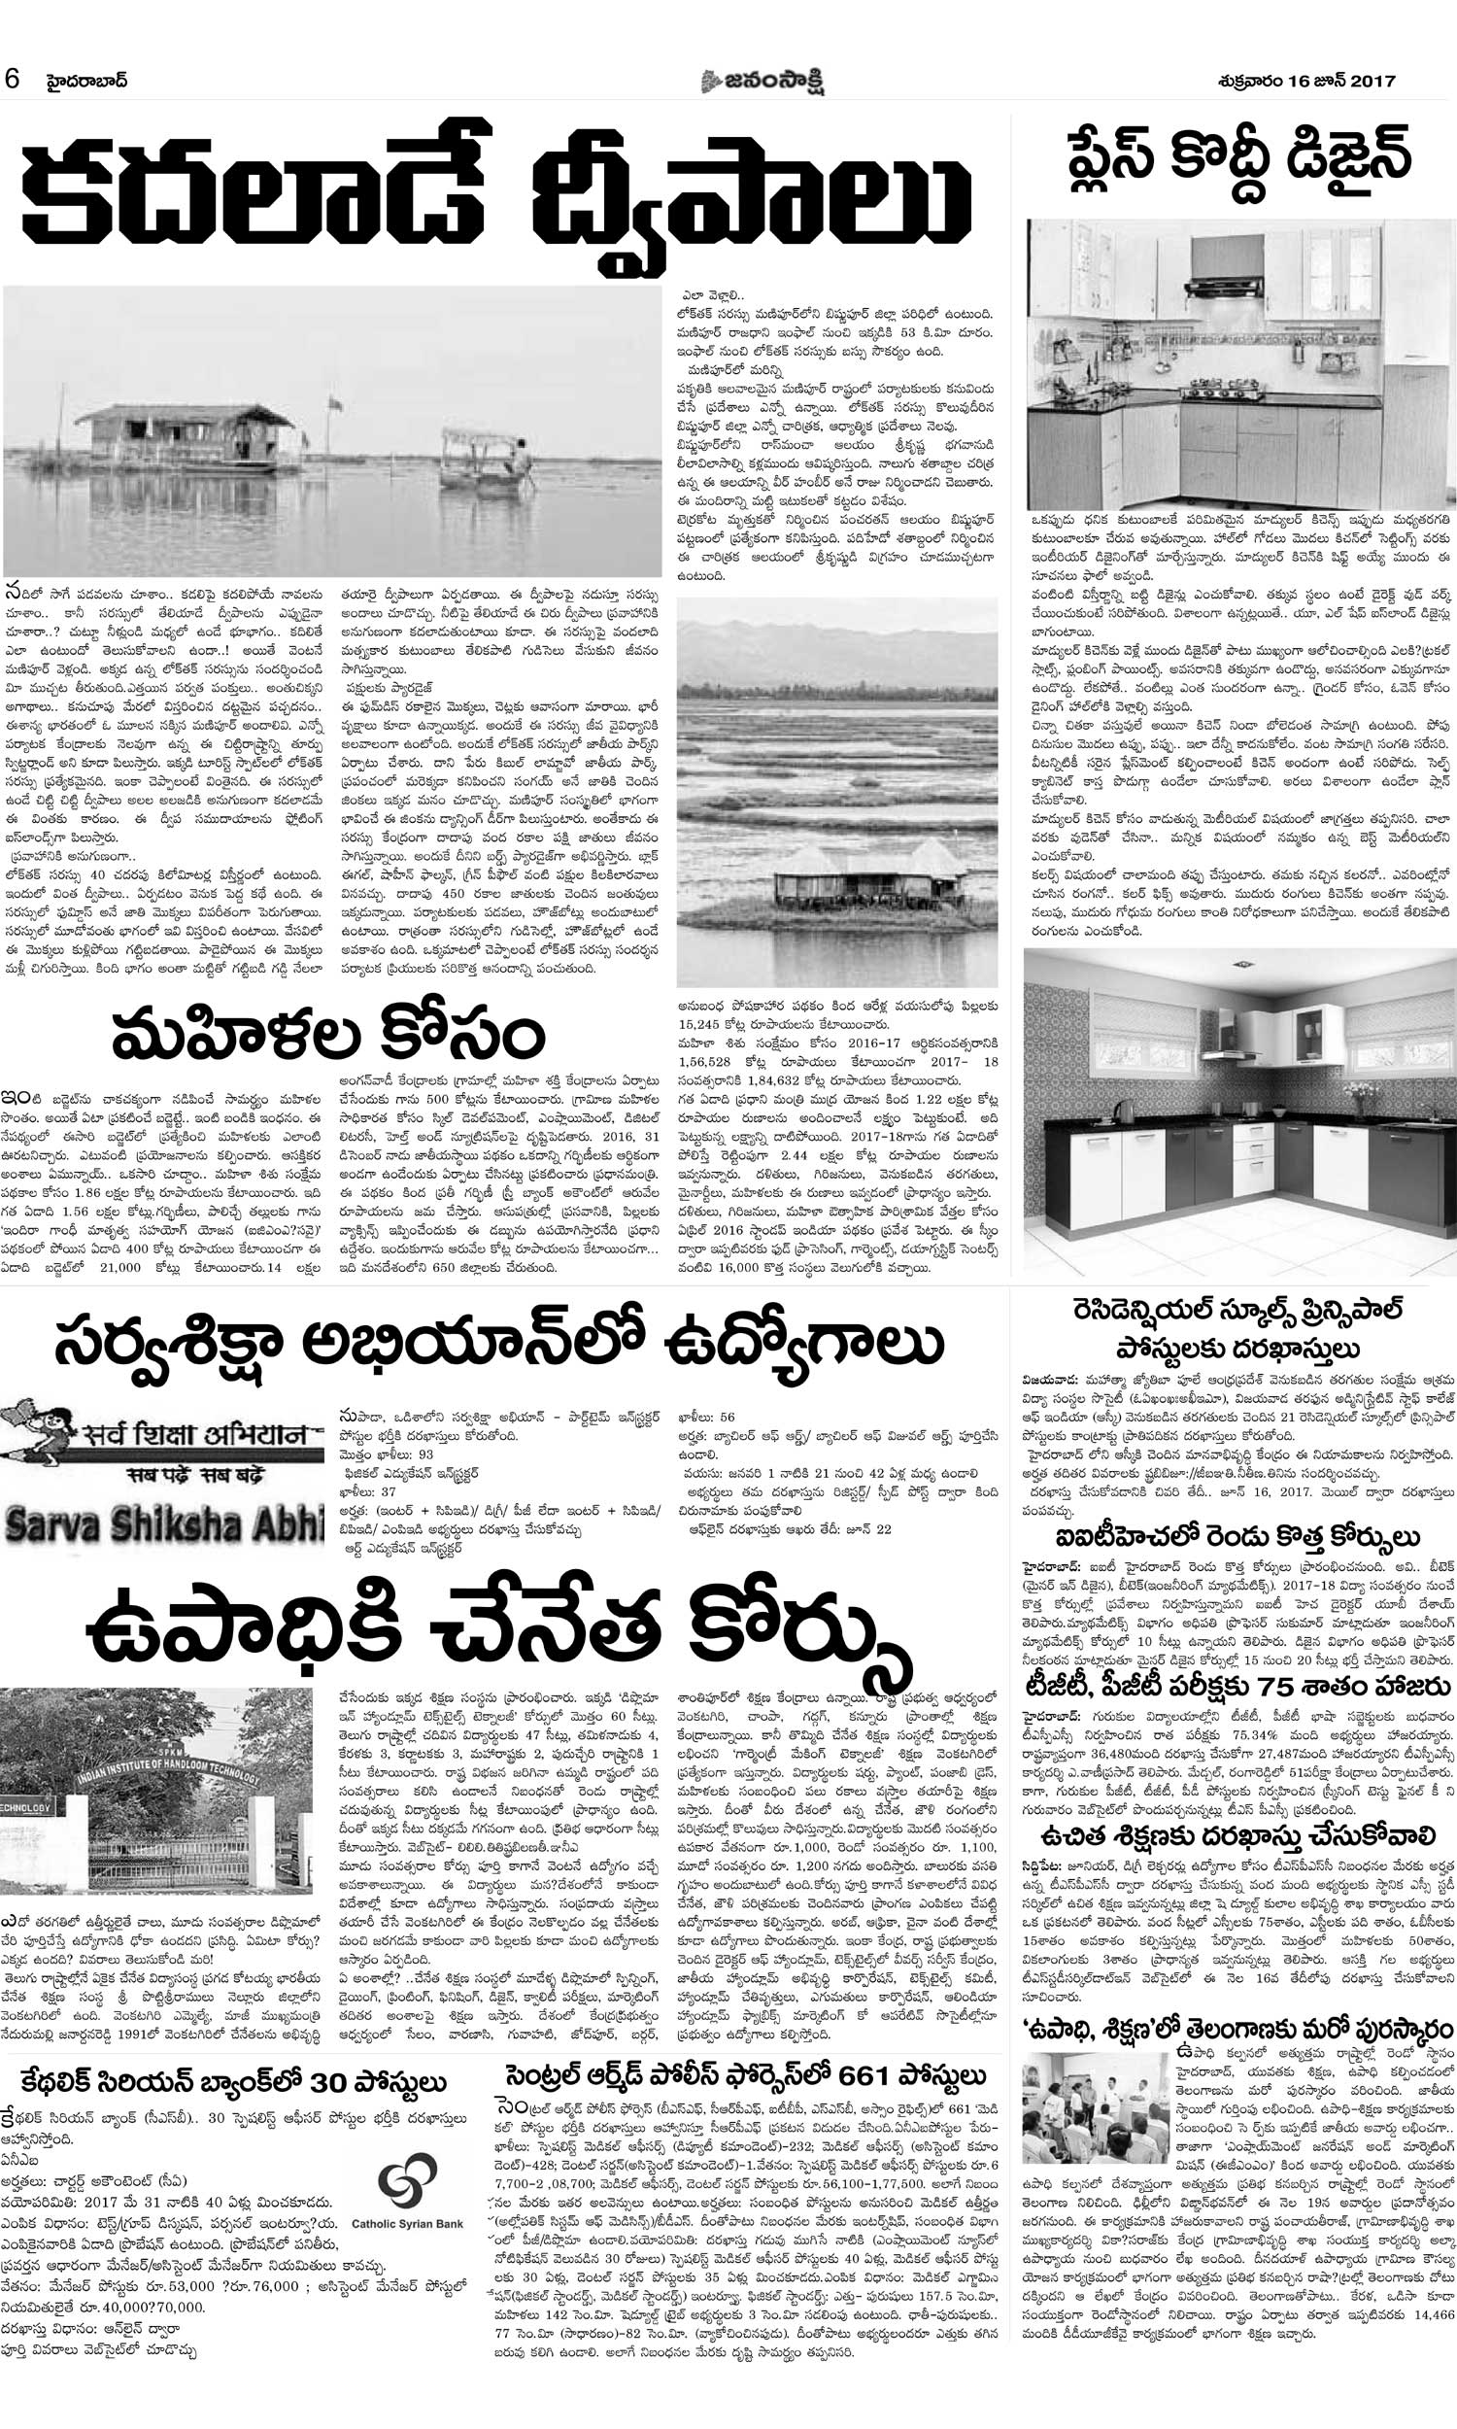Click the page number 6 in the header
click(13, 80)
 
